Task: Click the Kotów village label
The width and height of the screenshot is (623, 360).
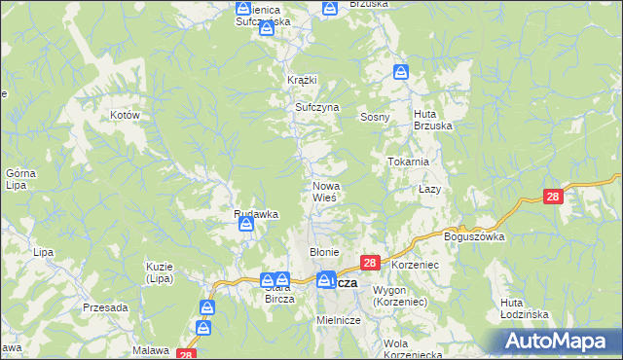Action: point(127,115)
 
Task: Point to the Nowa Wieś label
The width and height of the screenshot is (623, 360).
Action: point(324,192)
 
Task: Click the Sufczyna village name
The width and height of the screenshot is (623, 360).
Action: point(316,108)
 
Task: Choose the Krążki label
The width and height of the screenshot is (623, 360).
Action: point(303,80)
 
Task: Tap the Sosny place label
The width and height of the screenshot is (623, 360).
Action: point(375,117)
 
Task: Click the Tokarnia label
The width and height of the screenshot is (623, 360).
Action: point(409,162)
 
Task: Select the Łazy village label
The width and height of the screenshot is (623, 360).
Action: point(430,188)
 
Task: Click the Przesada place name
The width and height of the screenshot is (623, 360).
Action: point(105,307)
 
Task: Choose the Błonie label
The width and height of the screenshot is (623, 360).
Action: point(323,252)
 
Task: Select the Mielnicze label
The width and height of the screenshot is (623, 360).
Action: point(339,320)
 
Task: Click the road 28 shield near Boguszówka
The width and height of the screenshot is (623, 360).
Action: point(553,197)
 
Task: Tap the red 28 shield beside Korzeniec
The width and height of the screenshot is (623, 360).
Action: point(370,263)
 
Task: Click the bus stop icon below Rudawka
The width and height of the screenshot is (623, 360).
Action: point(247,226)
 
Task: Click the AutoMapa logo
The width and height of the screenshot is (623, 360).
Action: point(558,341)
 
